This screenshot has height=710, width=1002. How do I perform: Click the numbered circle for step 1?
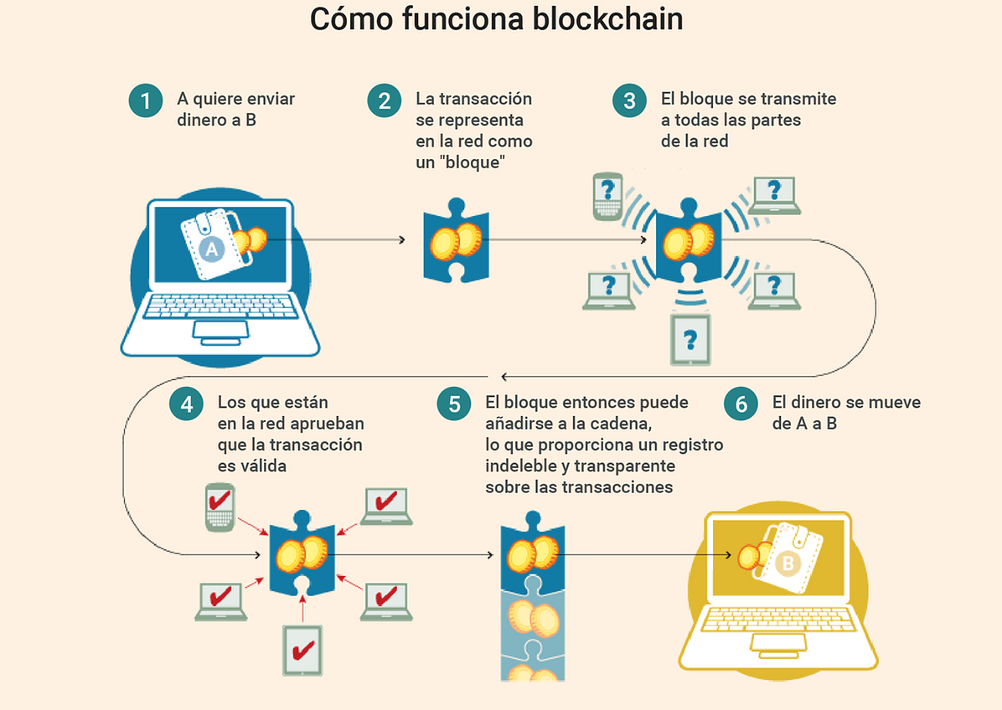[146, 100]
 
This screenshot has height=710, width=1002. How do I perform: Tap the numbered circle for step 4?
[187, 404]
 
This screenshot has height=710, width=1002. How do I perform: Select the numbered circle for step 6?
[741, 404]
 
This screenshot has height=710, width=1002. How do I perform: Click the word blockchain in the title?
[607, 18]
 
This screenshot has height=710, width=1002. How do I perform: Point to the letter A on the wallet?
[211, 249]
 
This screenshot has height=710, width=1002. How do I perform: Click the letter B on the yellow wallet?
[788, 563]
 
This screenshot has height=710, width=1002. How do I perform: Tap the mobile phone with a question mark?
[607, 197]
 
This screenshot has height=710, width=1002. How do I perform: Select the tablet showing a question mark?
[690, 340]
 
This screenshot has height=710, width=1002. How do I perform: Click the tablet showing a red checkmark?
[302, 650]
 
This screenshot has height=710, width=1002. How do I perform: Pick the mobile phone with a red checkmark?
[220, 507]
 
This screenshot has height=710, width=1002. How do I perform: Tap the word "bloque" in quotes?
[473, 162]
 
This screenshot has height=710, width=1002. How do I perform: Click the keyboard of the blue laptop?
[220, 307]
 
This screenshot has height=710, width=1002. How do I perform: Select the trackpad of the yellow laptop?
[778, 644]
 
